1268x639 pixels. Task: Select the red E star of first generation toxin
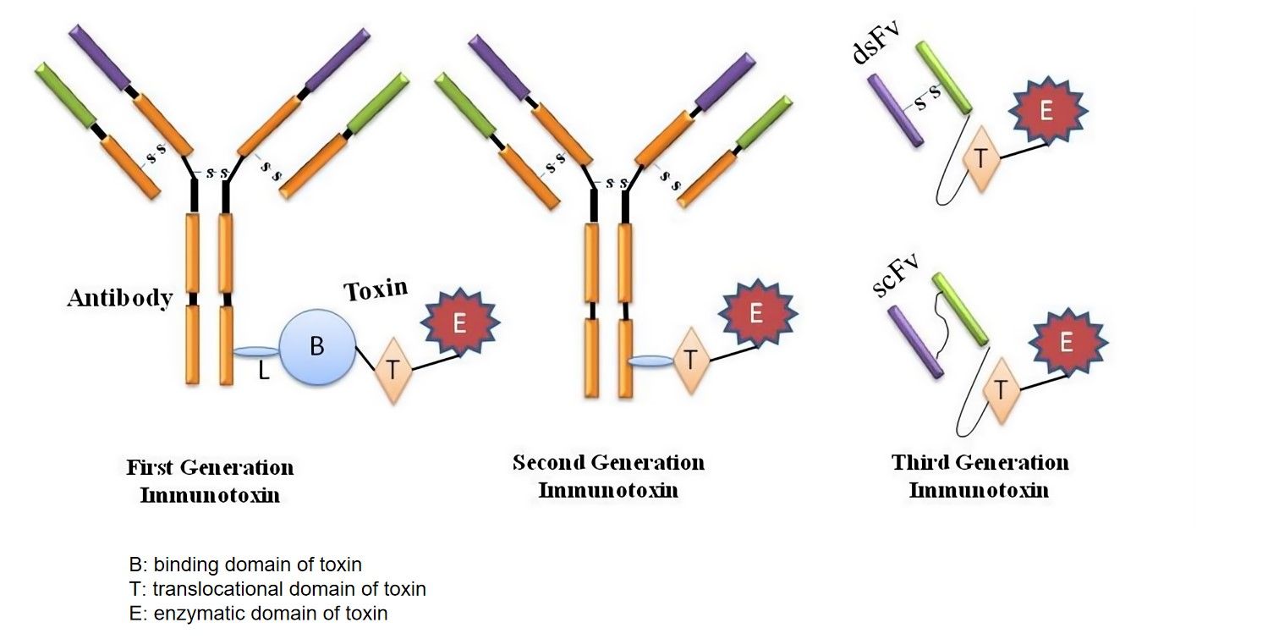point(460,324)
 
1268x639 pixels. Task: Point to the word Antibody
point(120,298)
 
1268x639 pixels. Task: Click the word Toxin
point(375,290)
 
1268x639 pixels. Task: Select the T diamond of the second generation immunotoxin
point(691,360)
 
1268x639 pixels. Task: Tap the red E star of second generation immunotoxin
point(756,314)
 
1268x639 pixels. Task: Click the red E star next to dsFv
point(1046,112)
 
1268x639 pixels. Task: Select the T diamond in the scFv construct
point(1001,389)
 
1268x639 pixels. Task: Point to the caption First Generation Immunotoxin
point(210,480)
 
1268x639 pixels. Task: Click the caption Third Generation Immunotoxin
point(980,475)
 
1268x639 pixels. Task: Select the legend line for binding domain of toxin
point(245,565)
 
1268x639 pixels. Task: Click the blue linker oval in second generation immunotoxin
point(650,361)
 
